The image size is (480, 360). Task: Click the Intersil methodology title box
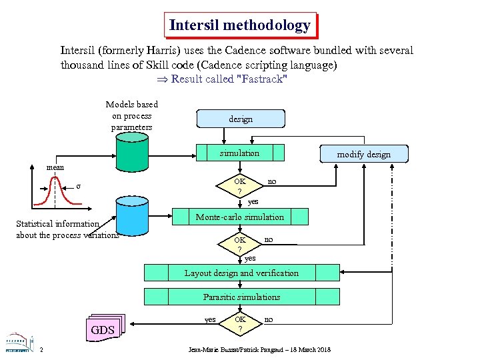pos(240,25)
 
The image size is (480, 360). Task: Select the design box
pos(241,119)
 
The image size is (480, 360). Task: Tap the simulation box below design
pos(240,153)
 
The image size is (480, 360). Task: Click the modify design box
pos(363,154)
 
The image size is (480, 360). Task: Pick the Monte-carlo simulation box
pos(240,217)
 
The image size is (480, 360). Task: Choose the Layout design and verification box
pos(241,273)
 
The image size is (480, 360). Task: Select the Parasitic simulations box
pos(241,297)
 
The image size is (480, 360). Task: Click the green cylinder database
pos(131,153)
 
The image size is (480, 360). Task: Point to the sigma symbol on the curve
pos(79,186)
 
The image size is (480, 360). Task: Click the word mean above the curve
pos(55,167)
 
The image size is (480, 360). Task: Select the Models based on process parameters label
pos(132,115)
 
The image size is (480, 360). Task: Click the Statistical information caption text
pos(67,229)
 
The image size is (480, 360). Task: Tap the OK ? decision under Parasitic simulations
pos(240,324)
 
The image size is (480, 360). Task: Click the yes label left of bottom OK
pos(209,319)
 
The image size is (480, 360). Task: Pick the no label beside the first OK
pos(272,181)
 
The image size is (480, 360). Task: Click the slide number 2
pos(41,350)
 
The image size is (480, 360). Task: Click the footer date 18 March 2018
pos(307,350)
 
